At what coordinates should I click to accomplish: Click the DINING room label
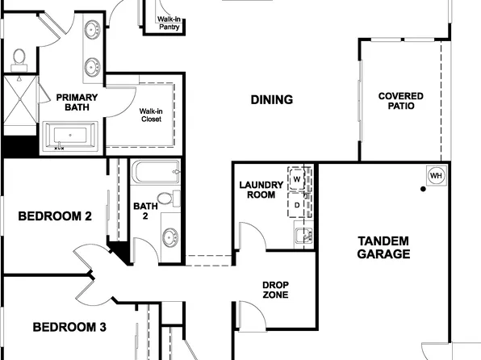click(271, 100)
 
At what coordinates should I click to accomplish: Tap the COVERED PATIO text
click(400, 101)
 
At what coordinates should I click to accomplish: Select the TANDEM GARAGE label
click(383, 247)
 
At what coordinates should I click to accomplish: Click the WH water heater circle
click(436, 176)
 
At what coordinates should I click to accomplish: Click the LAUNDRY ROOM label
click(261, 190)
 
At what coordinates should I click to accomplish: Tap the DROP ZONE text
click(275, 289)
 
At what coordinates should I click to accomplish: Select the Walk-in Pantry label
click(168, 23)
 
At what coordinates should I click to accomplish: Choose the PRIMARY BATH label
click(77, 103)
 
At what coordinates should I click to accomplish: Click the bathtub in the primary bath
click(70, 136)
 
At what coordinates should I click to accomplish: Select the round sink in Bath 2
click(171, 237)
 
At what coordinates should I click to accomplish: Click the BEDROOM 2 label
click(54, 216)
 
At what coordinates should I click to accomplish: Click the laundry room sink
click(303, 236)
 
